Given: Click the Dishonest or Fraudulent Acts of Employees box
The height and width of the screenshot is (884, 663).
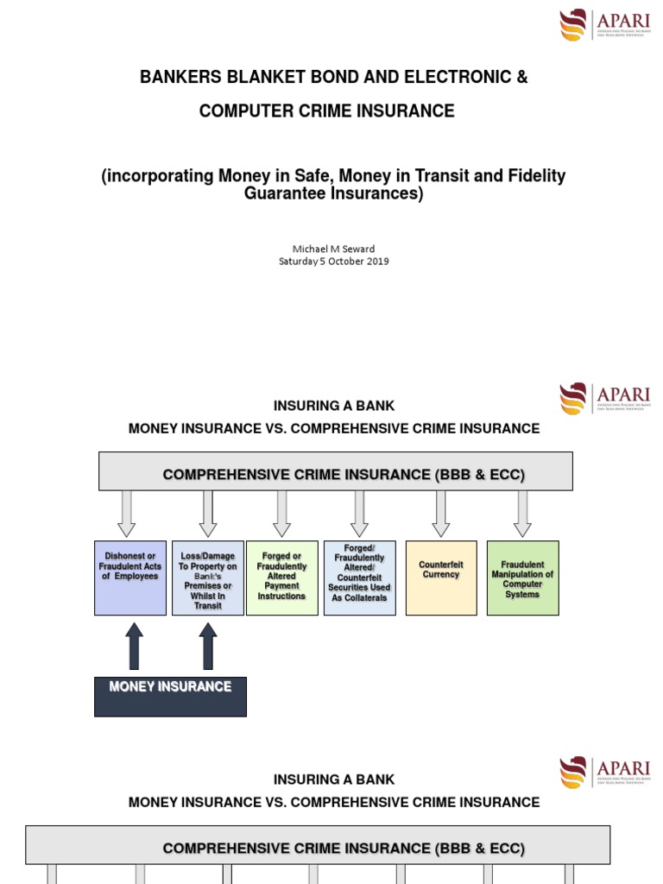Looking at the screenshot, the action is point(130,578).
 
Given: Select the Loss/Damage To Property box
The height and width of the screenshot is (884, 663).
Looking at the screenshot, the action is point(208,578).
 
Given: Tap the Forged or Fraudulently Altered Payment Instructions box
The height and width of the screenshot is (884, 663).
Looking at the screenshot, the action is point(281,578).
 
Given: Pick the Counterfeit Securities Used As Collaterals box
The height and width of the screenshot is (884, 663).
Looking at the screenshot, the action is point(359,578).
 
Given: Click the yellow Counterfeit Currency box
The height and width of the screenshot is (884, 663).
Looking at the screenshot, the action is point(441,578).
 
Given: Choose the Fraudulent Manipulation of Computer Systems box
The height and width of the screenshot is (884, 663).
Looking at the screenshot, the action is point(522,578).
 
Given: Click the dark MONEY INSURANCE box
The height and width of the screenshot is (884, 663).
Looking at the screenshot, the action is point(170,696).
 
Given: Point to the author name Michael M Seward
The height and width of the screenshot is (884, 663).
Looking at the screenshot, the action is point(333,248).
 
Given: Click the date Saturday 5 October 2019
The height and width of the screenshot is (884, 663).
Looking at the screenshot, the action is point(333,261).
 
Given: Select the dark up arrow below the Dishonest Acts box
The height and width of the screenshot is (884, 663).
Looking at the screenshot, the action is point(134,647).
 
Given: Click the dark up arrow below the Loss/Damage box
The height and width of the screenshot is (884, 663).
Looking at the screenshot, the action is point(208,647).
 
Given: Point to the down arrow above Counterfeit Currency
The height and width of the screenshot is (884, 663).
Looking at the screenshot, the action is point(441,514).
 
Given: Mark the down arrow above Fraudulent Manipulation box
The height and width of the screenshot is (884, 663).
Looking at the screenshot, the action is point(522,514).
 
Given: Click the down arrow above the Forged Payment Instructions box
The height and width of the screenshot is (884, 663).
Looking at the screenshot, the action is point(281,514).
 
